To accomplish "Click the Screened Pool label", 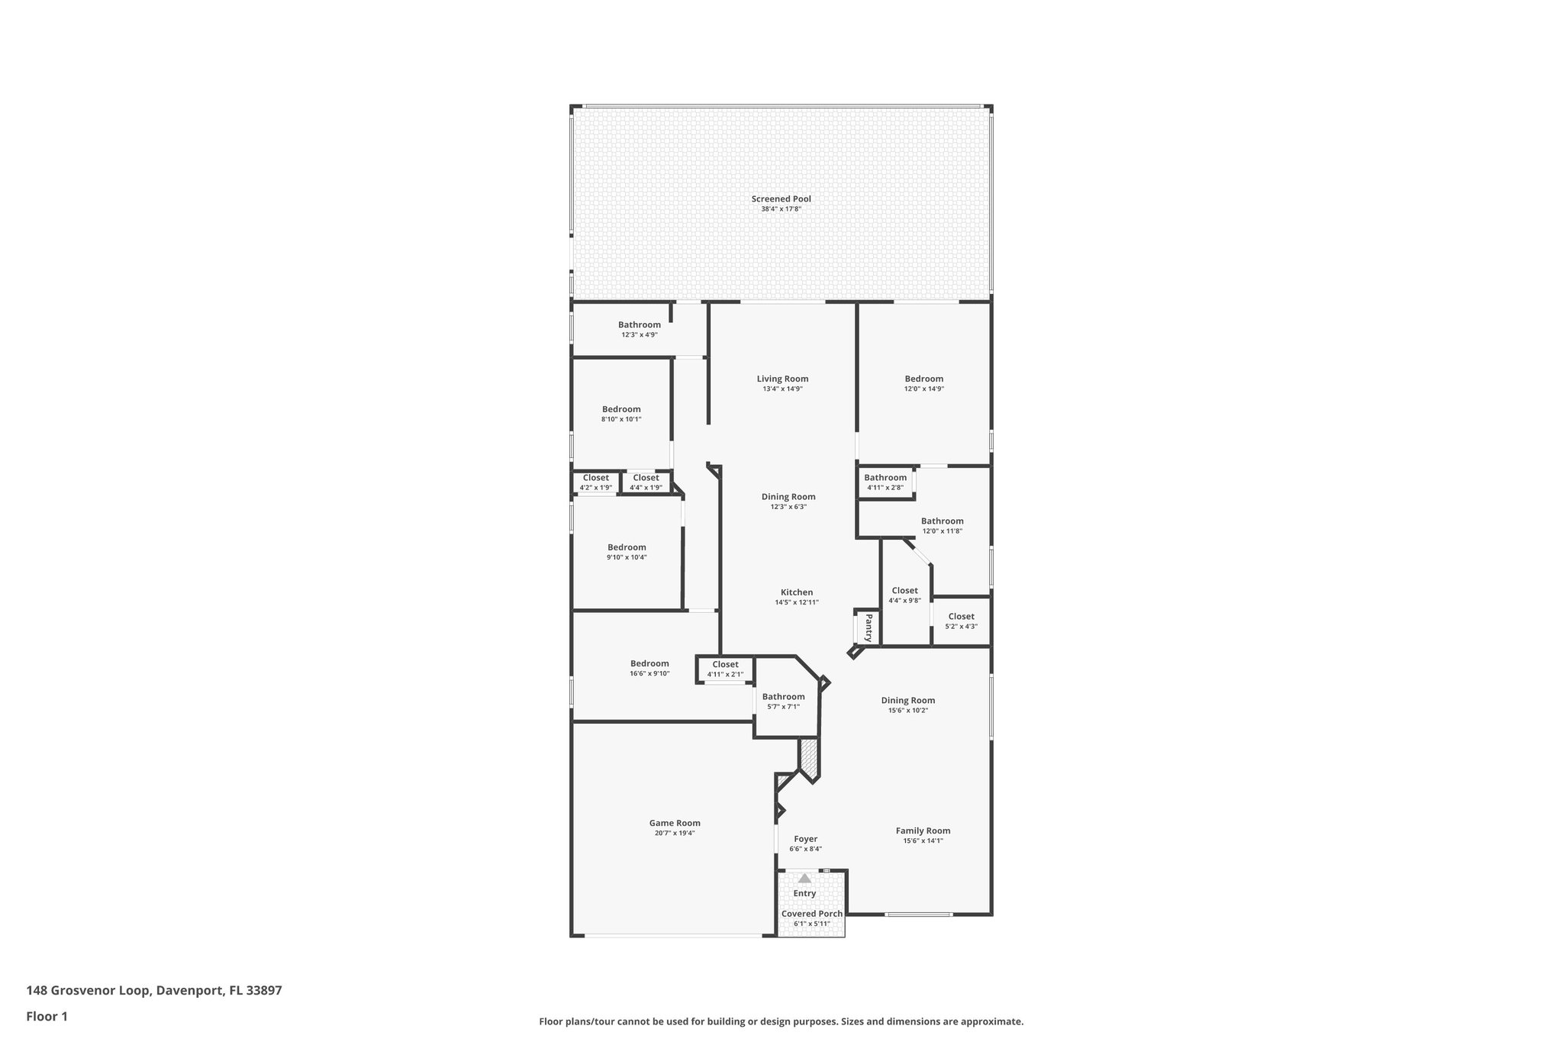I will (781, 198).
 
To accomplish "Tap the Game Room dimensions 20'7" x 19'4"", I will (675, 833).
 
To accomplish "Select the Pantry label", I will (869, 628).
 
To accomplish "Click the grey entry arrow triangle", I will (804, 879).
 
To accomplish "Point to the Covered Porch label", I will (812, 914).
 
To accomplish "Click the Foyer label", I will (805, 839).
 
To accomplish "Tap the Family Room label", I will (923, 831).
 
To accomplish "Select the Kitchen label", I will (797, 592).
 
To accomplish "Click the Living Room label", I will (782, 379).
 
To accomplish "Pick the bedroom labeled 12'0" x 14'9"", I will (923, 379).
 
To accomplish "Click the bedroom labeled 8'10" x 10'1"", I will (621, 409).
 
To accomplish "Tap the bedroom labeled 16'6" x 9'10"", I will (649, 663).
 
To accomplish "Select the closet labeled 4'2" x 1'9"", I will (596, 478).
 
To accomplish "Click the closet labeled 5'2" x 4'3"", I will (961, 617).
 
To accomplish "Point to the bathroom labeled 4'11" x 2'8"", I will (885, 478).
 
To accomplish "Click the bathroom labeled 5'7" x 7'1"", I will (783, 696).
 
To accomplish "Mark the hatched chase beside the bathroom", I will (809, 758).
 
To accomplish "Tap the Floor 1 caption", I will (47, 1017).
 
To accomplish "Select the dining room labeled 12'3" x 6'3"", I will (788, 497).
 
